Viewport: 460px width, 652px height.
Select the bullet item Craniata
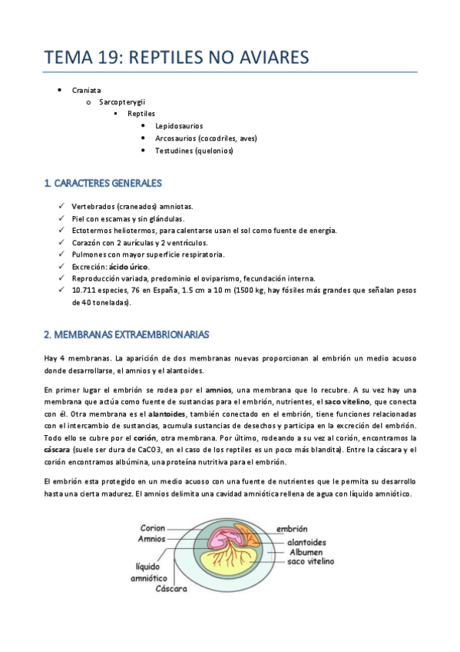86,90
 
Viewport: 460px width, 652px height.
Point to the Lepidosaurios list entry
179,125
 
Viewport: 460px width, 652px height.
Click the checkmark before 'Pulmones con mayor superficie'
61,254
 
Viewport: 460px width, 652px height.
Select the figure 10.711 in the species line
85,290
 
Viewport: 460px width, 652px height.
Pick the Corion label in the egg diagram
153,528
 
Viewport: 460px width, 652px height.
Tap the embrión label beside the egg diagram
292,529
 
